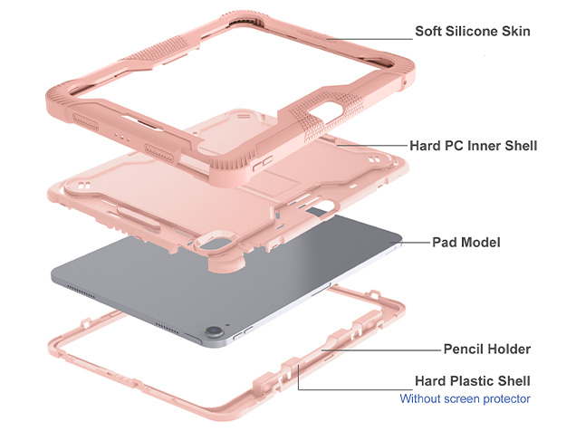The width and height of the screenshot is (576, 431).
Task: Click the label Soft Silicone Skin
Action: click(473, 31)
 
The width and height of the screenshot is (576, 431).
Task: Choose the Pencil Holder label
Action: click(486, 349)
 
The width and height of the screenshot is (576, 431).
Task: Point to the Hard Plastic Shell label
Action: click(473, 380)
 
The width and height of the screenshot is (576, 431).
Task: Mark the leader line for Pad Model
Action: click(417, 243)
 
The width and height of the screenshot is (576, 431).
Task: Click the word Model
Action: click(482, 242)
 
